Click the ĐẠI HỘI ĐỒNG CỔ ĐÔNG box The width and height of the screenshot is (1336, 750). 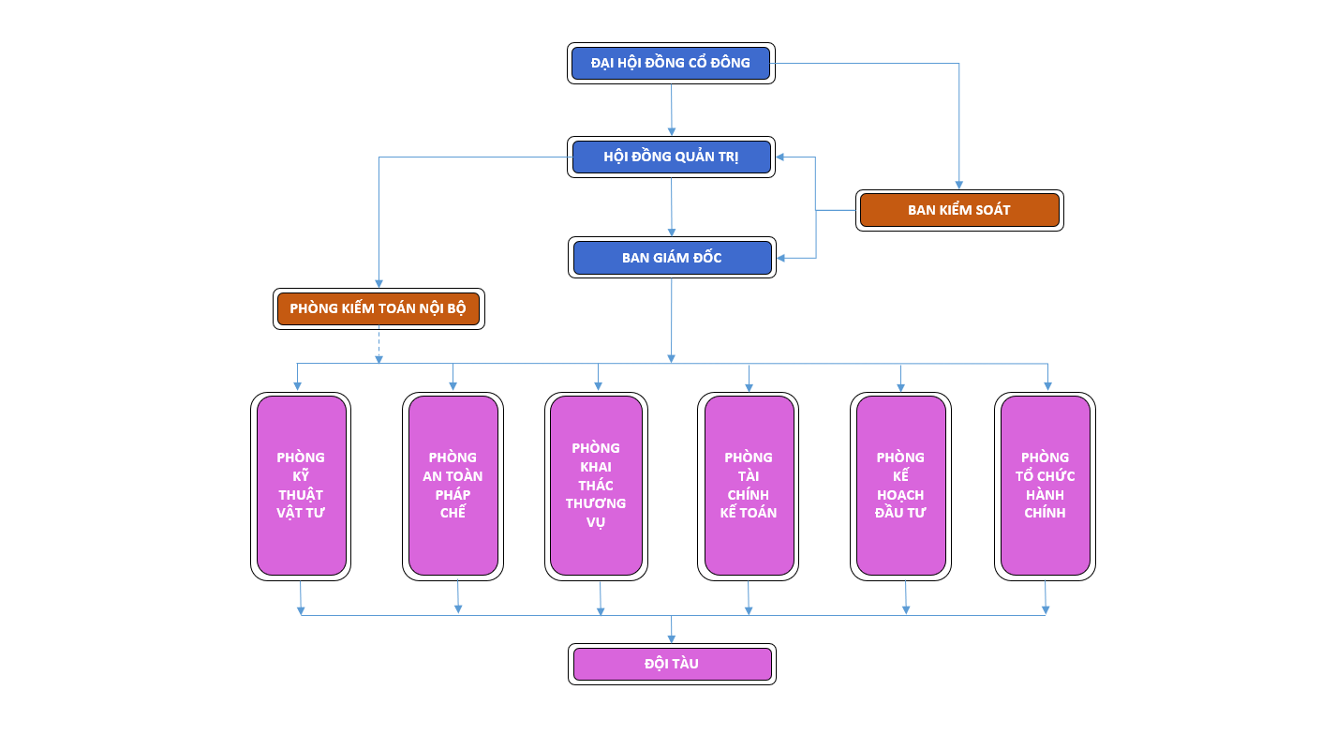pos(671,63)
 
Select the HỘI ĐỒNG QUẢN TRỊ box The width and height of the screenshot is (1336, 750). pos(671,157)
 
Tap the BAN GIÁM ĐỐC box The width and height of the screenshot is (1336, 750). pos(672,258)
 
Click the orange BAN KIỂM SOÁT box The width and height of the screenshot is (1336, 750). pos(958,210)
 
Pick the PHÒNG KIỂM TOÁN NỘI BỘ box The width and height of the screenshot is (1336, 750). pos(378,308)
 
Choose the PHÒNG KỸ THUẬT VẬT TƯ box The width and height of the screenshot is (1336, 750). pos(301,485)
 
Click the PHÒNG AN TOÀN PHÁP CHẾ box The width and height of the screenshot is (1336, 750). pos(453,485)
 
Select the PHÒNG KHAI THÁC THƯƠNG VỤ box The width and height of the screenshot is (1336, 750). pos(596,485)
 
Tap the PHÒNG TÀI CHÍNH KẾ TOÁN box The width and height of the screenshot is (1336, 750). pos(748,485)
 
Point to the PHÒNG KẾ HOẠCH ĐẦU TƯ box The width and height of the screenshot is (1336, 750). pos(900,485)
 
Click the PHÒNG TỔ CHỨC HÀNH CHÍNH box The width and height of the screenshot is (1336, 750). pos(1045,485)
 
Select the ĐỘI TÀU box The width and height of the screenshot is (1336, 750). pos(672,664)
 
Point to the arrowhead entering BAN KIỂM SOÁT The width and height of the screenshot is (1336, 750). pos(958,185)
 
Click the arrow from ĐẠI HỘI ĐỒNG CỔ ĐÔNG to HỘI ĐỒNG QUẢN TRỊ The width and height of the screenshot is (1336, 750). pos(671,108)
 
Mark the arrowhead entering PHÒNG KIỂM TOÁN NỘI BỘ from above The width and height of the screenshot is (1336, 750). pos(379,282)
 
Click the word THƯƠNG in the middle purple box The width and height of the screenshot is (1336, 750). pos(596,503)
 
